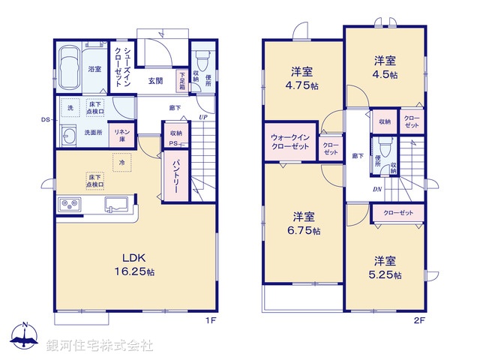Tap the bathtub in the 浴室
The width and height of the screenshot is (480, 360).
pos(70,67)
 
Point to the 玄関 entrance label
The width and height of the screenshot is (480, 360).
pos(156,80)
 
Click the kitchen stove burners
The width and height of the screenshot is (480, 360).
pos(70,203)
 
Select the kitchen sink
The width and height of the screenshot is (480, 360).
pos(117,205)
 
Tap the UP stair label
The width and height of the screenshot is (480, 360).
pos(203,117)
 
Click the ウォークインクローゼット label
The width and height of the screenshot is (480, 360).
pos(289,142)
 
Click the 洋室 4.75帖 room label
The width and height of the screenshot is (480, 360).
pos(302,79)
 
